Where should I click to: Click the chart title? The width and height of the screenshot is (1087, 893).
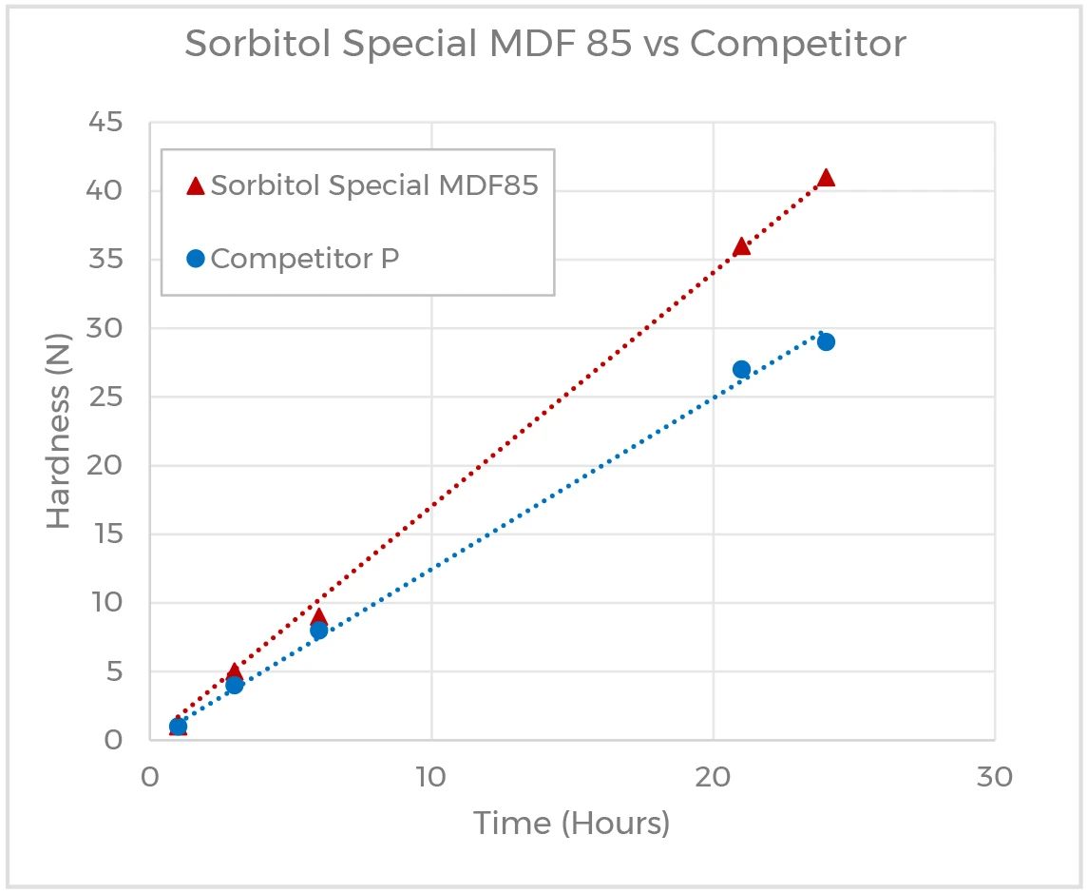(544, 45)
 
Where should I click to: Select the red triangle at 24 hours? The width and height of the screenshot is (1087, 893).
(826, 178)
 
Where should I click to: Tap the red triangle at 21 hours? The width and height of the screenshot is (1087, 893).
(741, 246)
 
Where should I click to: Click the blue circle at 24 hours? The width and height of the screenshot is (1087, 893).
(826, 341)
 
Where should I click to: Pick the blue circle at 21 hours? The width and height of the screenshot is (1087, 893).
(741, 369)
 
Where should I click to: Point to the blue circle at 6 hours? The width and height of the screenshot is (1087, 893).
(318, 630)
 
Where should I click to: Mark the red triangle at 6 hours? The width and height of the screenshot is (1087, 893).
(318, 615)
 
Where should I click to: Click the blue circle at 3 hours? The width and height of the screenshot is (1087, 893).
(234, 685)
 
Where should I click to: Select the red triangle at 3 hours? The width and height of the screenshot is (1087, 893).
(234, 670)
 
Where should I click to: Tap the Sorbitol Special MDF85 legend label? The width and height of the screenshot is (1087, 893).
(374, 185)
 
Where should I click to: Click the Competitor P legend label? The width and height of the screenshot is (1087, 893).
(304, 258)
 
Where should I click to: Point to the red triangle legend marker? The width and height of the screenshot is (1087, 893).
(195, 186)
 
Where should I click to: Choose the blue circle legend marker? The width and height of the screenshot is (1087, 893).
(196, 259)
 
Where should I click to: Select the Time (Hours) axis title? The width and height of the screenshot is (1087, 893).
(572, 824)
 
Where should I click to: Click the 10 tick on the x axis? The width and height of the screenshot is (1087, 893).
(431, 776)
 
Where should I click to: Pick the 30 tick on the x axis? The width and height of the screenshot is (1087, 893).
(994, 776)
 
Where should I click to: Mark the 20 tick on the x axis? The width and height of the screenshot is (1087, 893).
(713, 776)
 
